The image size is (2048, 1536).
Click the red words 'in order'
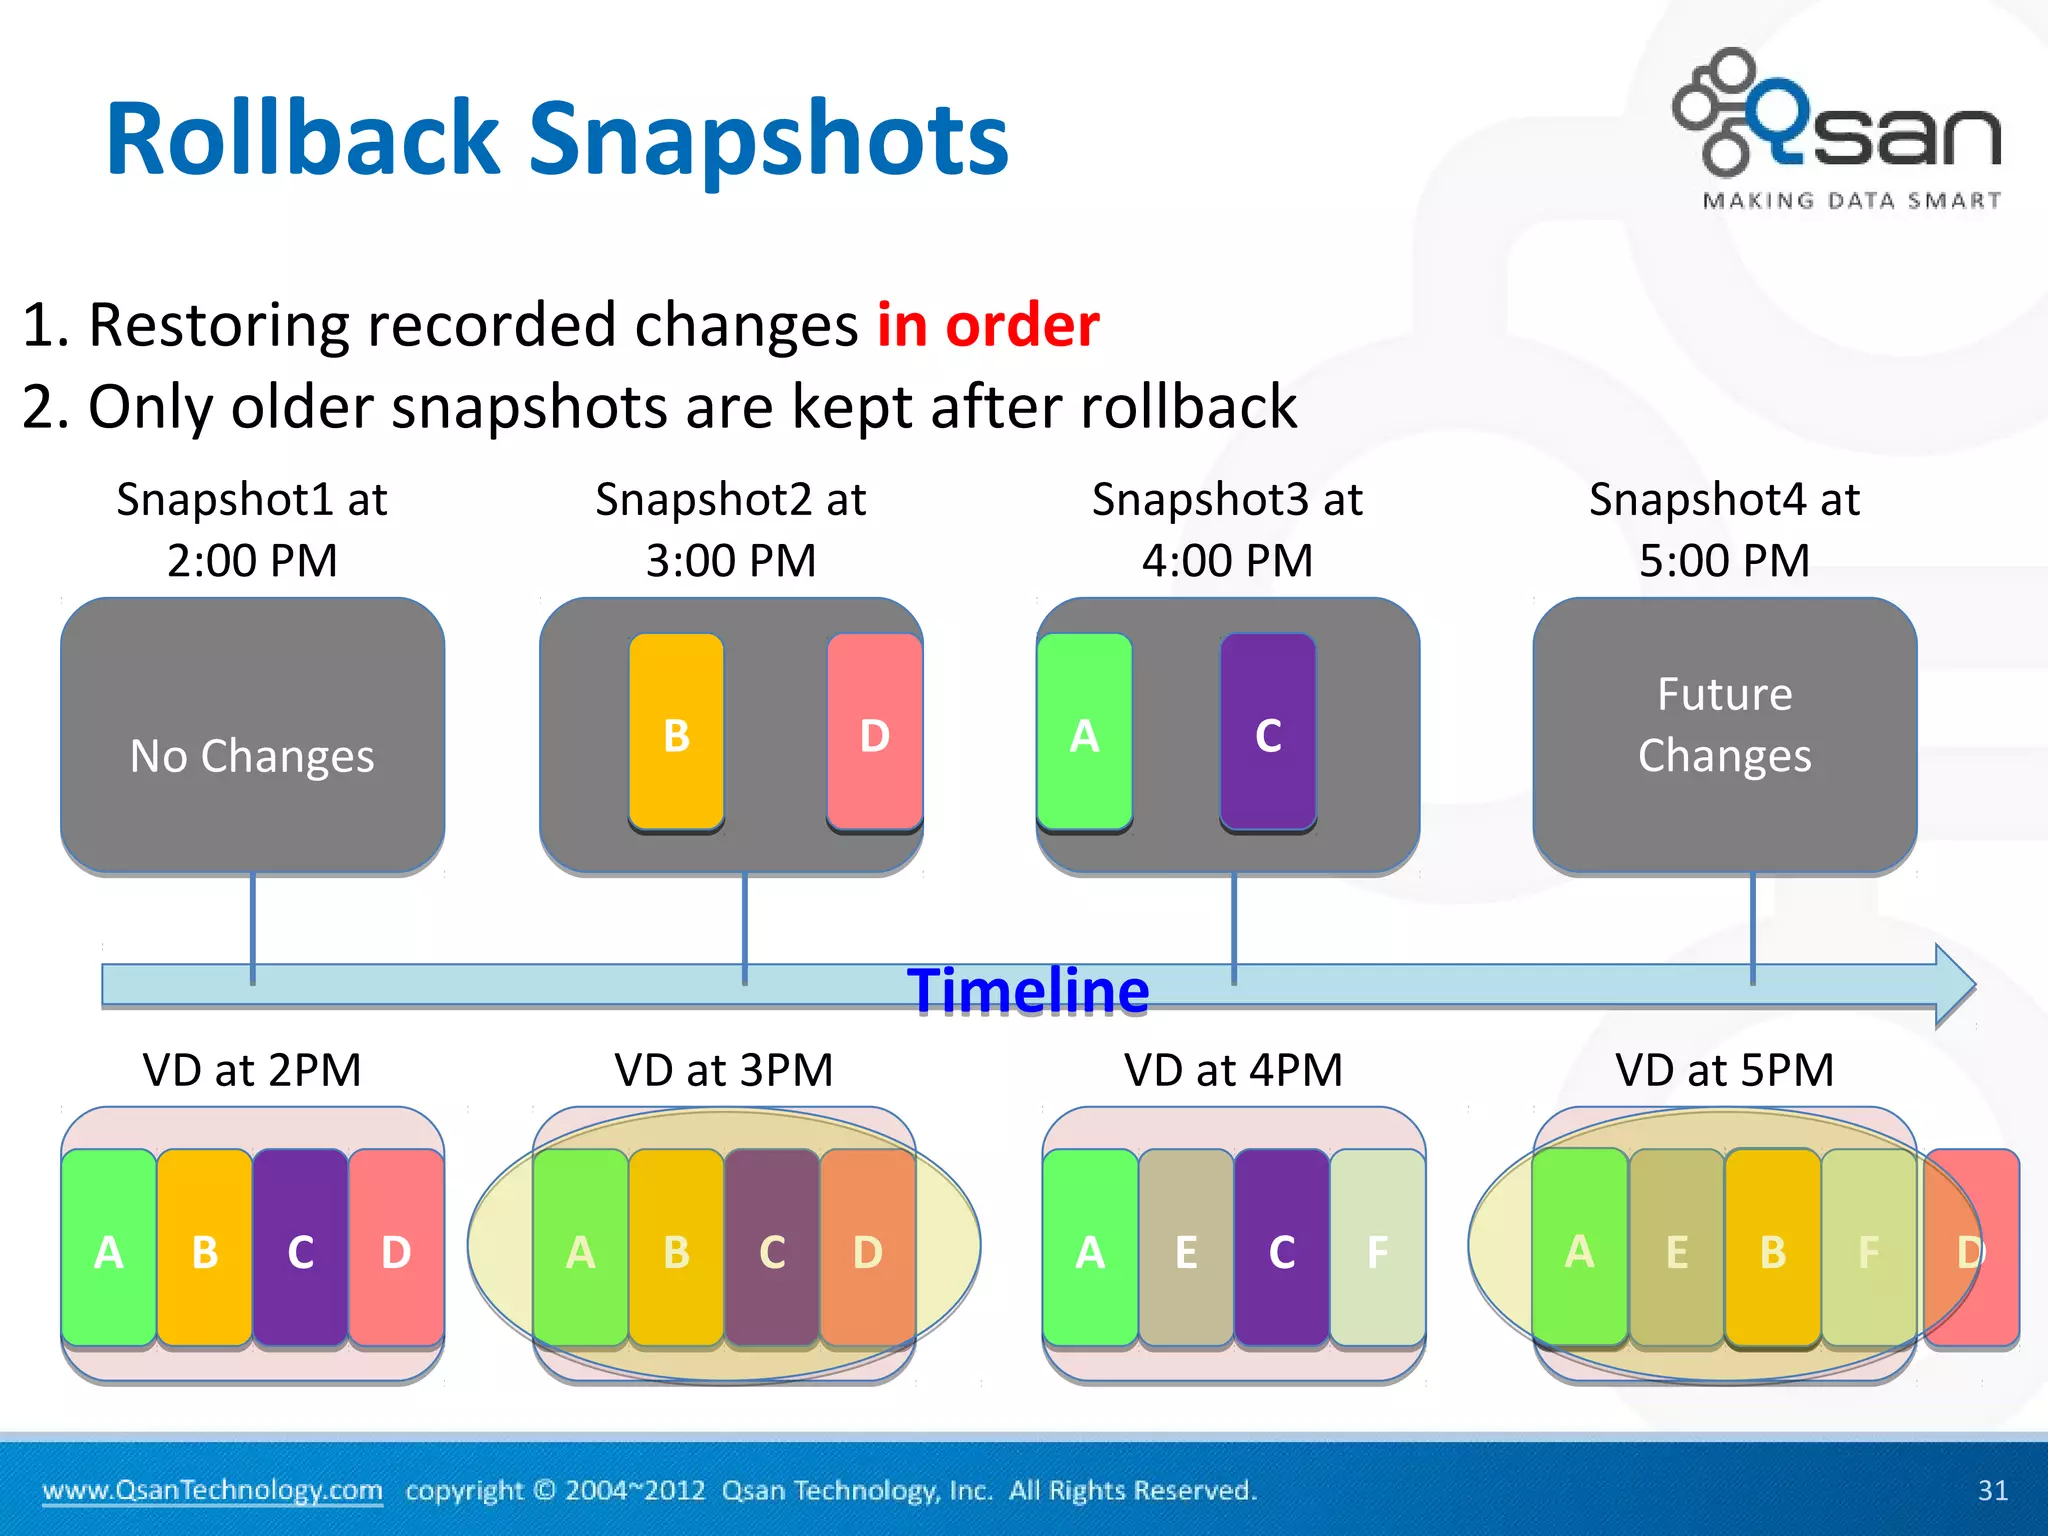987,325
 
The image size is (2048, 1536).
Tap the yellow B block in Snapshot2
676,733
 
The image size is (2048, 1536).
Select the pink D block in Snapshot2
874,733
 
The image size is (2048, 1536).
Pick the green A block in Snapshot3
1084,733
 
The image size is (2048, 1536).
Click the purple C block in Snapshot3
1268,733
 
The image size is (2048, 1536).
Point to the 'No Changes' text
252,756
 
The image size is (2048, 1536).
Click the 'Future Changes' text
1724,725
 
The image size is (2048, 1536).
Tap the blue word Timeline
1028,991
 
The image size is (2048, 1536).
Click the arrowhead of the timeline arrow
1954,986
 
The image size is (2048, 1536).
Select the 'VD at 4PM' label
1233,1070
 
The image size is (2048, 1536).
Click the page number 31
1992,1490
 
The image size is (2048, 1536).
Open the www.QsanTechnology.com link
212,1490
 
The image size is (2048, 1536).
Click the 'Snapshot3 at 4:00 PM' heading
1227,529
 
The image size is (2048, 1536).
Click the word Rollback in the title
302,139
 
